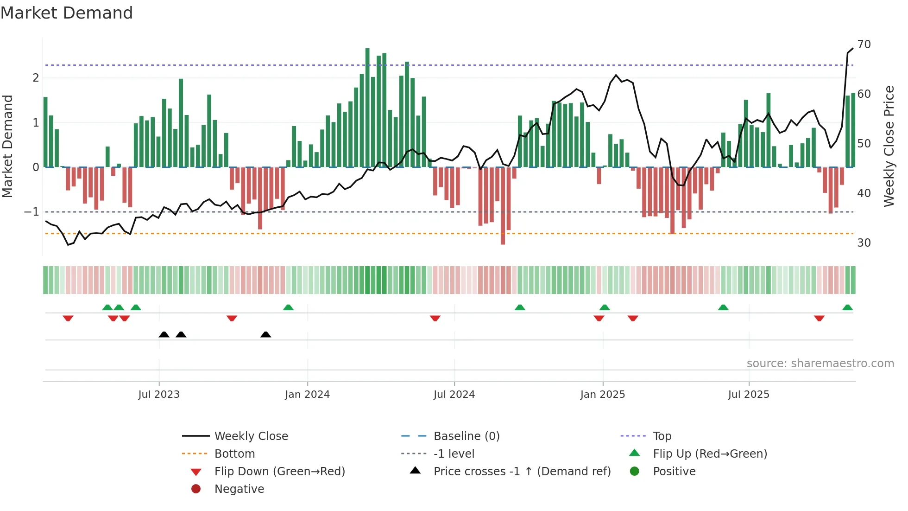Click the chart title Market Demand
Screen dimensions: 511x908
click(67, 13)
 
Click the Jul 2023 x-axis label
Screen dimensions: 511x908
click(159, 395)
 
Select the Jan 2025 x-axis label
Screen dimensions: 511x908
click(602, 395)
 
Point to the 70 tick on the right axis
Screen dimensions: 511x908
click(864, 45)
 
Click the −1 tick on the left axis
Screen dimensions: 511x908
click(32, 212)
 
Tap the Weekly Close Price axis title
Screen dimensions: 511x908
click(889, 146)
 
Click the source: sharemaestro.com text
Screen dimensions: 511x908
click(820, 364)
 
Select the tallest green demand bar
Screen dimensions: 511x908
click(367, 107)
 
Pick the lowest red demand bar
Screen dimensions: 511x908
click(503, 206)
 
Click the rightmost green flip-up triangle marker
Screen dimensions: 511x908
click(847, 307)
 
